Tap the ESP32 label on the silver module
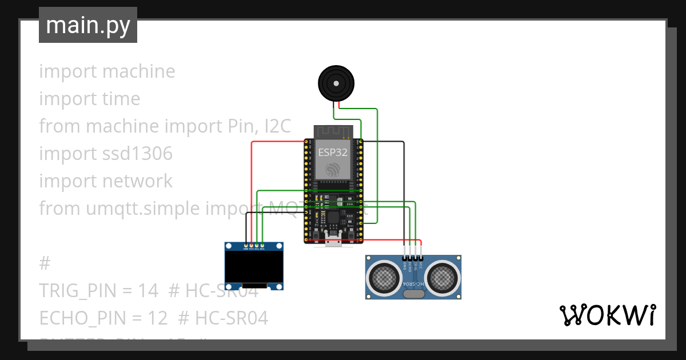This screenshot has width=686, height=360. click(x=333, y=152)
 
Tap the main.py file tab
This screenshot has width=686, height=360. click(x=88, y=26)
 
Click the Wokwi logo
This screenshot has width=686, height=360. click(x=607, y=315)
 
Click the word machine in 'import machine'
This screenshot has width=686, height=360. click(x=139, y=71)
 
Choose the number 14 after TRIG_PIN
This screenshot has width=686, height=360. click(x=147, y=291)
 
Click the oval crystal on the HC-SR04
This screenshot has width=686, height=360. click(x=413, y=294)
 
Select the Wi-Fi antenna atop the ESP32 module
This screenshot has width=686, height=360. click(x=333, y=132)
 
